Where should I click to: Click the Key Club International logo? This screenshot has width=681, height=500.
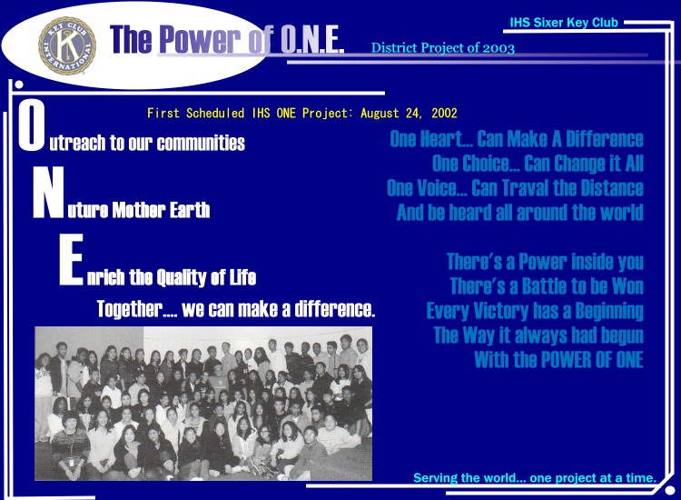[x=67, y=45]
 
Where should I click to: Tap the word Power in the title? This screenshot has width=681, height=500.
[x=200, y=40]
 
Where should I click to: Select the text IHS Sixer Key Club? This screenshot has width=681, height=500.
[x=564, y=22]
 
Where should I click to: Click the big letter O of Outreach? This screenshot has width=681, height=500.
[x=31, y=125]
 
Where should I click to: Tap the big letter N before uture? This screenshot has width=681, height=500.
[x=49, y=192]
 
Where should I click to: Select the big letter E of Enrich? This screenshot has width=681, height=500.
[x=71, y=259]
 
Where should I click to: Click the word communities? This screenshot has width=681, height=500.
[x=201, y=143]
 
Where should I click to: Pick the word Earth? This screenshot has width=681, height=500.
[x=190, y=210]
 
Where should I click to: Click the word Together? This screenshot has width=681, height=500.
[x=130, y=309]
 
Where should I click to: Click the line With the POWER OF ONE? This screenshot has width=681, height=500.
[x=558, y=360]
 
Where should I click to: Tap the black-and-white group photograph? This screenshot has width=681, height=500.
[x=203, y=404]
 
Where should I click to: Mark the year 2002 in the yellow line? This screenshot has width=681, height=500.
[x=444, y=113]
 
